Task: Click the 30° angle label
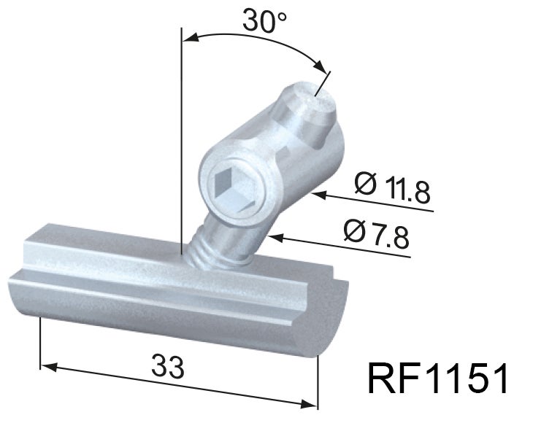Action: pos(264,22)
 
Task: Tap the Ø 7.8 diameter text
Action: pos(376,233)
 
